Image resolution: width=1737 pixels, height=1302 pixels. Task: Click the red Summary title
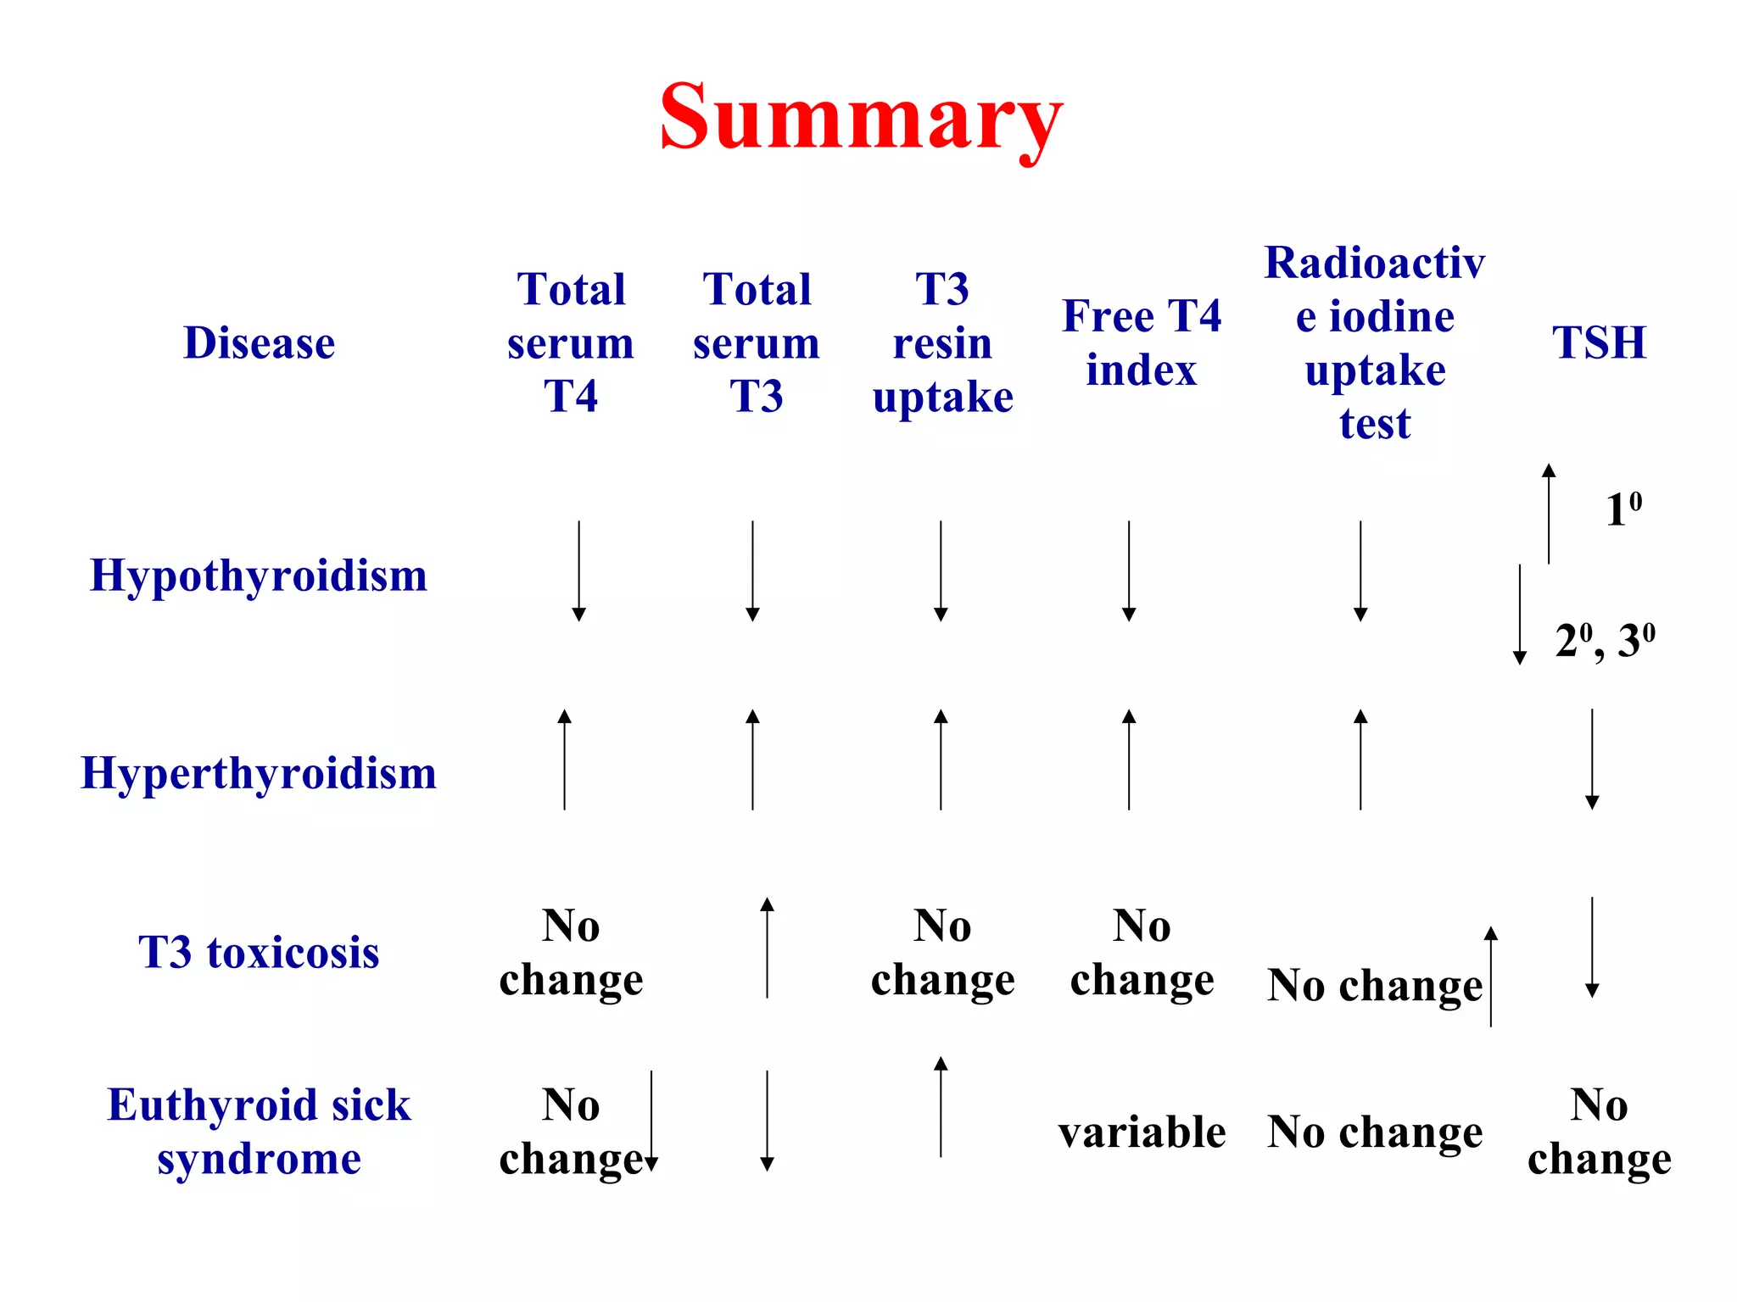(860, 119)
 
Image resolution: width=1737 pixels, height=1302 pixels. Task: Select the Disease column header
(260, 343)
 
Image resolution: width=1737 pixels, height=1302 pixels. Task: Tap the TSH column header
(1599, 343)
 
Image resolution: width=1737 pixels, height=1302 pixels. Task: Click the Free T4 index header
(1142, 343)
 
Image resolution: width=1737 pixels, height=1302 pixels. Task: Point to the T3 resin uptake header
(942, 343)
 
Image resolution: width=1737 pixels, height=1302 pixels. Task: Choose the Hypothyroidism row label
(259, 576)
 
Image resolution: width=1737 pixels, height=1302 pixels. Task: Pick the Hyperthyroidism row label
(259, 773)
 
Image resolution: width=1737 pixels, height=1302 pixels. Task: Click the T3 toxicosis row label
(259, 952)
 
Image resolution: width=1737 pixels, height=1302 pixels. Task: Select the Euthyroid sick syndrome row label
(259, 1131)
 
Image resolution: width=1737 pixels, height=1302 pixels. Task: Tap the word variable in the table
(1142, 1132)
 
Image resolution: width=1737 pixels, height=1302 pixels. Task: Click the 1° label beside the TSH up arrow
(1623, 510)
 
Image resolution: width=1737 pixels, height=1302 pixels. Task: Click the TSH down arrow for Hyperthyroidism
(1592, 759)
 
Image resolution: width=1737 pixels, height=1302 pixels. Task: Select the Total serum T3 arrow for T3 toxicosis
(767, 948)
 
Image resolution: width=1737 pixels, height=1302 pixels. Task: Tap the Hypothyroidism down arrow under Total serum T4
(578, 571)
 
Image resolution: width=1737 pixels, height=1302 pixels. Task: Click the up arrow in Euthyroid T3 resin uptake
(941, 1107)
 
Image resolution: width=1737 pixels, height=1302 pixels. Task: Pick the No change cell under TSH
(1599, 1132)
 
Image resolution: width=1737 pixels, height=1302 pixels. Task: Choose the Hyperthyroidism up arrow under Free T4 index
(1129, 759)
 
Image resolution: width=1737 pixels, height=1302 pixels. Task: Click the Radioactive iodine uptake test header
(1375, 343)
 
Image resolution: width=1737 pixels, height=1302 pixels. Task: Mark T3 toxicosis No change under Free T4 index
(1142, 952)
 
